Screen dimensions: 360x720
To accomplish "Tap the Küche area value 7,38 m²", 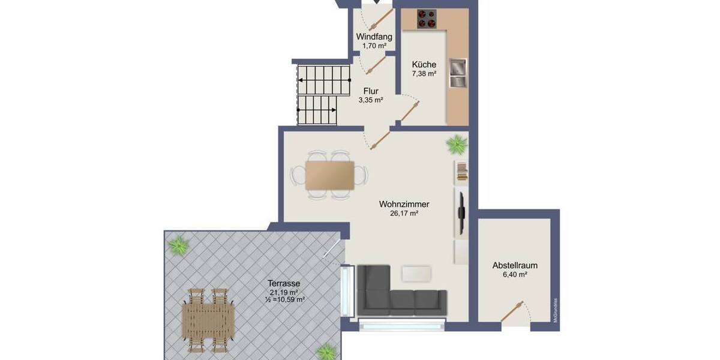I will (424, 74).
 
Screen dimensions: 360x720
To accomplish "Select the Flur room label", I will (370, 91).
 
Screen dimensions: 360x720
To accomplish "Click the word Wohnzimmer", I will (404, 204).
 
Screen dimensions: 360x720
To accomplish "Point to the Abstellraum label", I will (514, 265).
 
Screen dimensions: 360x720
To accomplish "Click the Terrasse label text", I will (284, 284).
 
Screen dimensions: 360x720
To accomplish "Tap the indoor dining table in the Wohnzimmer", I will (329, 175).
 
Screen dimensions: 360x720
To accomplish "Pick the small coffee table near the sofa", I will (417, 274).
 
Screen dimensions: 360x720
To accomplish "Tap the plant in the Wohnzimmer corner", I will (457, 144).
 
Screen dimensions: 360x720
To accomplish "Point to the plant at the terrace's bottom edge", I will (327, 350).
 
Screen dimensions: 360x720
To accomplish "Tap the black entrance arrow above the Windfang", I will (377, 2).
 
